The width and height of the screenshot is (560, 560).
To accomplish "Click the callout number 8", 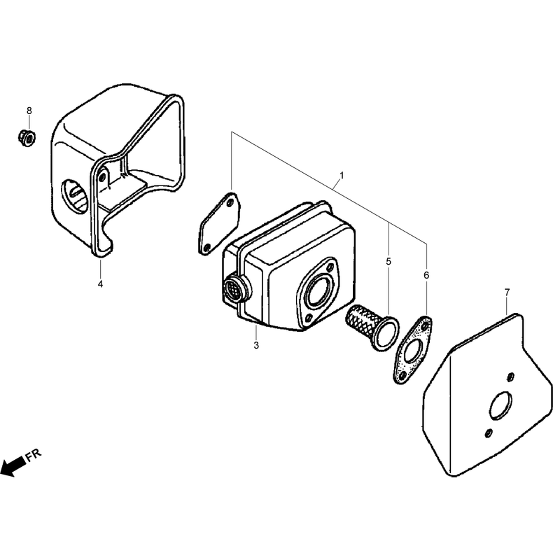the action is coord(29,111).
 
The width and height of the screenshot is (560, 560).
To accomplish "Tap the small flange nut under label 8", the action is coord(27,137).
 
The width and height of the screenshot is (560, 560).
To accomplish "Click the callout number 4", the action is coord(100,284).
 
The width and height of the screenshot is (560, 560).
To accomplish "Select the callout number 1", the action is coord(342,176).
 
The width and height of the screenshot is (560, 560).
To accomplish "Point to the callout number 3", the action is coord(256,345).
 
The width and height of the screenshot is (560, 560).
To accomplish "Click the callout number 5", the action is coord(388,261).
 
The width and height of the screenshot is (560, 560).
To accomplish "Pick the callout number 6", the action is coord(426,275).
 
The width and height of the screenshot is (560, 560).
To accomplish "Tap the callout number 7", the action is coord(507,292).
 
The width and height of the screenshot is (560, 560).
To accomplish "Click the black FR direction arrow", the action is coord(13,467).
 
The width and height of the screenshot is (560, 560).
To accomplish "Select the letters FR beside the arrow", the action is coord(34,455).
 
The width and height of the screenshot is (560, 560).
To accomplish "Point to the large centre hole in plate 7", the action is coord(500,406).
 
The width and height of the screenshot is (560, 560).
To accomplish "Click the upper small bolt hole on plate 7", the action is coord(511,377).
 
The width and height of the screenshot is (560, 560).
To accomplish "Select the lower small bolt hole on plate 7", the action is coord(488,433).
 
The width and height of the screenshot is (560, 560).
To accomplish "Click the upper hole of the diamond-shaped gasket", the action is coord(230,203).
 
